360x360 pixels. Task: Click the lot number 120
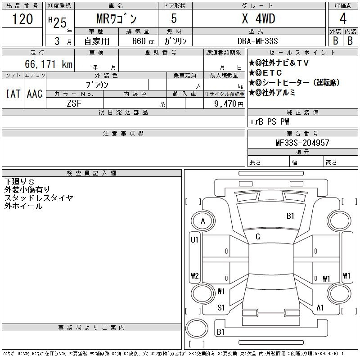22,19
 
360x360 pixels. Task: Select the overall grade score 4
343,18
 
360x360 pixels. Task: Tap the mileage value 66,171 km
49,64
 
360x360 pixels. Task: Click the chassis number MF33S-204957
302,143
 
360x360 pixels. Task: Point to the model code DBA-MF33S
257,41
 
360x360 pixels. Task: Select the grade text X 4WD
258,18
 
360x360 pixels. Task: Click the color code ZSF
74,103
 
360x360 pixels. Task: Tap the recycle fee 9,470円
229,104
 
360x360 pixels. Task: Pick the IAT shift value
13,94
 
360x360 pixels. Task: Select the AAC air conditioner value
35,94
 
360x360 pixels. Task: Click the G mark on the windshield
258,237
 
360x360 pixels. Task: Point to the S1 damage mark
221,308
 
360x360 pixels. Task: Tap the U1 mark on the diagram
194,240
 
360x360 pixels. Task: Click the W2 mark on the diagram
195,275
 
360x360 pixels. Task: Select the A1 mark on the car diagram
320,308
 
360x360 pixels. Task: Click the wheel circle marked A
203,221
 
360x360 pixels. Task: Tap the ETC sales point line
265,73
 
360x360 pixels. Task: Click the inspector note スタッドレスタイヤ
39,198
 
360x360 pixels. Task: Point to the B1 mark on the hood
290,216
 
